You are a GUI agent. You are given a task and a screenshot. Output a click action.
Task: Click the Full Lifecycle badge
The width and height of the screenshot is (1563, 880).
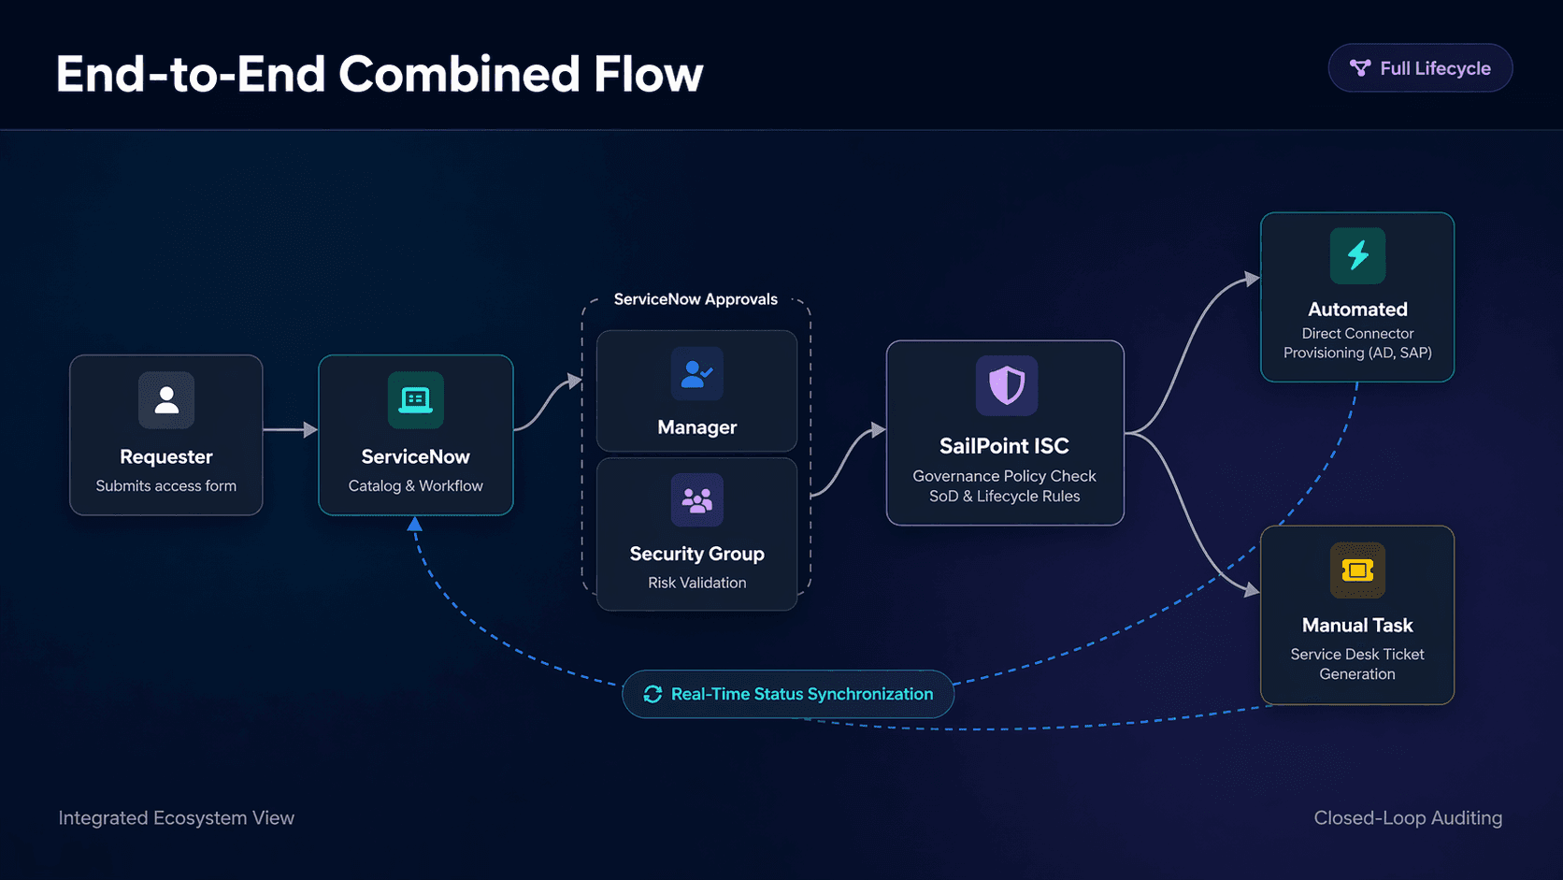(x=1420, y=68)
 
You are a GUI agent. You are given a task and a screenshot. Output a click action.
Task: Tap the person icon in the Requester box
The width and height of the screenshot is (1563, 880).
(x=166, y=400)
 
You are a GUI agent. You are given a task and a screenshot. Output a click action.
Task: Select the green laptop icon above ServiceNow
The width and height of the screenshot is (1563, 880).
(x=416, y=400)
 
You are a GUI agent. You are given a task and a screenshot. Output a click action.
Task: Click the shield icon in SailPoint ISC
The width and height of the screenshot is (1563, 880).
(x=1007, y=385)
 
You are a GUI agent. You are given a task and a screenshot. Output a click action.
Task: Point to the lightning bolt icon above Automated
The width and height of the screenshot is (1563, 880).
(x=1357, y=255)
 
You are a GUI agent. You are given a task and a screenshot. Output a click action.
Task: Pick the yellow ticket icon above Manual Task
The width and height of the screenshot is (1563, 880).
(x=1357, y=570)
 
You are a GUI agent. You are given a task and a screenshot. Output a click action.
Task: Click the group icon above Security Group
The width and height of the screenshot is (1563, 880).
(x=697, y=500)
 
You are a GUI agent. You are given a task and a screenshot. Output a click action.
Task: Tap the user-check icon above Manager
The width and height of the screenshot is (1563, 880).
(x=697, y=374)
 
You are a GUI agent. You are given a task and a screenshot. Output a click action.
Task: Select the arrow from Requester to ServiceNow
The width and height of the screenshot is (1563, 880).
(x=290, y=429)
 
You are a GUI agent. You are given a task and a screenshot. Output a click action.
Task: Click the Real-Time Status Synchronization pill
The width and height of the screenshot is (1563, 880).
(x=788, y=694)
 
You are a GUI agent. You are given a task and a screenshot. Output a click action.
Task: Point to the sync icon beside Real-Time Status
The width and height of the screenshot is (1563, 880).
(x=652, y=694)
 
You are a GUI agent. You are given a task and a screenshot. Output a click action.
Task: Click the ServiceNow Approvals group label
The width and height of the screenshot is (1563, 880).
(x=695, y=299)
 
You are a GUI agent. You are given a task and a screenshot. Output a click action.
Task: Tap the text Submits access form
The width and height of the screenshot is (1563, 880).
(x=166, y=485)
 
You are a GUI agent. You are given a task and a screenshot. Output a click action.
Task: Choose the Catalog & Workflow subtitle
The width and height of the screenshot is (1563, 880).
(x=416, y=485)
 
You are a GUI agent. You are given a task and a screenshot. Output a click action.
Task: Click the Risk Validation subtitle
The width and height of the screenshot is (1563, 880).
(x=697, y=583)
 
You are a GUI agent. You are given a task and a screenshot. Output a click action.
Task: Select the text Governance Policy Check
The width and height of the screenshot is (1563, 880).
(x=1005, y=476)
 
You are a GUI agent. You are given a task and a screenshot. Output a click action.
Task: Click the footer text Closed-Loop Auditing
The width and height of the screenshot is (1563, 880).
(x=1408, y=817)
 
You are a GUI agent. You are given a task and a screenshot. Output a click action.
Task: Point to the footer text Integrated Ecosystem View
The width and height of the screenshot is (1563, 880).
(x=177, y=817)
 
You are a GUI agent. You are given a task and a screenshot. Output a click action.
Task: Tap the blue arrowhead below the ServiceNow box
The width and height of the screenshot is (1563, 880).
(x=415, y=525)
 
